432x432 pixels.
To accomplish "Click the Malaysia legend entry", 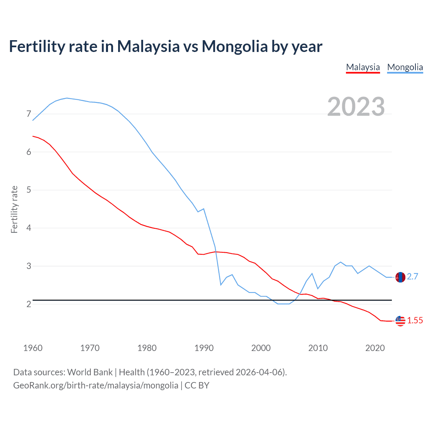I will point(363,67).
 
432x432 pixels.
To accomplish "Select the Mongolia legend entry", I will point(405,67).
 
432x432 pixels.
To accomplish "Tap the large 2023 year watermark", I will point(356,107).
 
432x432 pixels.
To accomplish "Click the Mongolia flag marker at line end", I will point(400,277).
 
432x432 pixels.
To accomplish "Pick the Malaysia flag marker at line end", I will point(400,321).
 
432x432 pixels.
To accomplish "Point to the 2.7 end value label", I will point(412,277).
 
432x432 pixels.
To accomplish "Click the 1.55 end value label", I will point(415,321).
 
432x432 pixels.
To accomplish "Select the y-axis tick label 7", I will point(29,114).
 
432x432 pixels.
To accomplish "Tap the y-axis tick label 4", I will point(29,228).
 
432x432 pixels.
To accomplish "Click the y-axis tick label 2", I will point(29,304).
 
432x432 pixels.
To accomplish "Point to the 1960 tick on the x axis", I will point(33,348).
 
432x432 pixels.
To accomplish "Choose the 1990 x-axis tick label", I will point(204,348).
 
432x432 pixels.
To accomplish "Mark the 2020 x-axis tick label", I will point(375,348).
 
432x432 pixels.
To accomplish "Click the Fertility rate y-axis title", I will point(14,209).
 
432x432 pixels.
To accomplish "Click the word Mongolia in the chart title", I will point(235,47).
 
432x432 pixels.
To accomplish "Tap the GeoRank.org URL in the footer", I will point(96,385).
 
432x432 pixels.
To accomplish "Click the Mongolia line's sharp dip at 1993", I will point(221,285).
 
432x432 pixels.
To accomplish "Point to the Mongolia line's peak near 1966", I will point(67,98).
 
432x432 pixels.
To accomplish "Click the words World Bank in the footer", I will point(90,372).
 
